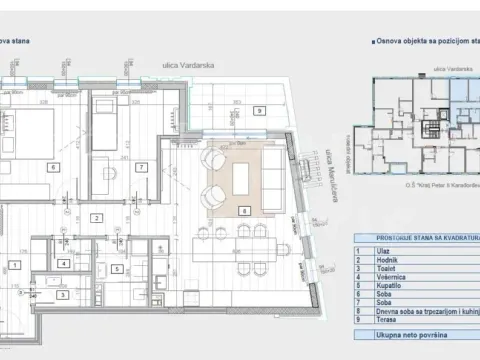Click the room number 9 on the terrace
[258, 109]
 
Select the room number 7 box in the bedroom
[142, 166]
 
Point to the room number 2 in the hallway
[97, 217]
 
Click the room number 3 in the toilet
[62, 294]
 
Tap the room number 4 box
[63, 263]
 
